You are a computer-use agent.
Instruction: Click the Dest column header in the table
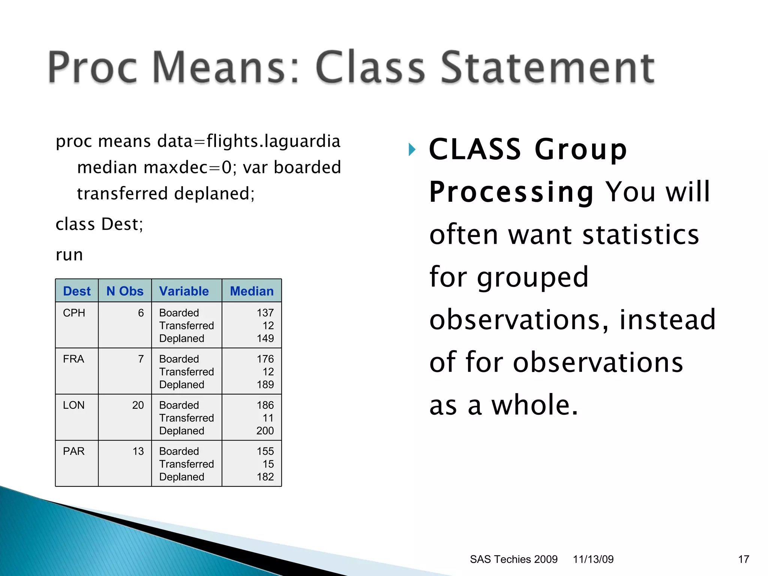pos(77,291)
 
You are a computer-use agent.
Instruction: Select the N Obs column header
pos(125,291)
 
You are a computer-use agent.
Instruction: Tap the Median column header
pos(252,291)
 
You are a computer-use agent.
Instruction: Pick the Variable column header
pos(184,291)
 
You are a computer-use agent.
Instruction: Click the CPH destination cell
pos(74,313)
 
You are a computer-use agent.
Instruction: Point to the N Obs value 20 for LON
pos(138,405)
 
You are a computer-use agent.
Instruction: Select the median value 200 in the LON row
pos(265,430)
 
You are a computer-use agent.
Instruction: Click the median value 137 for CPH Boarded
pos(265,313)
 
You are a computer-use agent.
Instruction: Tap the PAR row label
pos(73,451)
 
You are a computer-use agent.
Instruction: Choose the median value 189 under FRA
pos(265,384)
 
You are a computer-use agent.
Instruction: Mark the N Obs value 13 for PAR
pos(138,451)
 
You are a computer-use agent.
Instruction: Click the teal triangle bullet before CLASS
pos(412,150)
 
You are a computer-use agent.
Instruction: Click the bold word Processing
pos(511,192)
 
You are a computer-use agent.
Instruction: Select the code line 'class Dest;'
pos(99,224)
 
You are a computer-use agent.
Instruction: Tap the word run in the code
pos(69,255)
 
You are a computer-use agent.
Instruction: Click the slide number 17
pos(743,559)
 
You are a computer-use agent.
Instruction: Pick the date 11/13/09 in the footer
pos(593,559)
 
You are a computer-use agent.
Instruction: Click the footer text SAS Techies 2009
pos(513,559)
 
